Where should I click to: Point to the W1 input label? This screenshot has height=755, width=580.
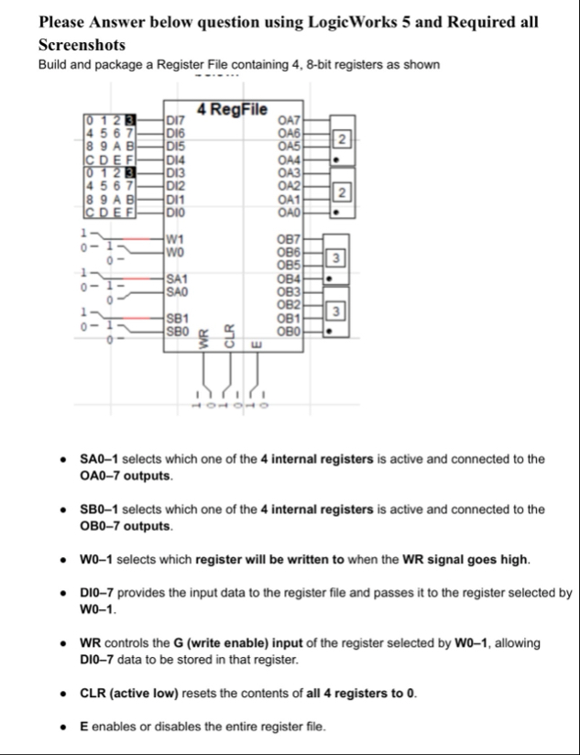pyautogui.click(x=176, y=241)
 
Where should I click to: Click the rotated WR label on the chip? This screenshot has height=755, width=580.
pyautogui.click(x=206, y=338)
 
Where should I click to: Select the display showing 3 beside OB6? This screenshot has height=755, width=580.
pyautogui.click(x=337, y=256)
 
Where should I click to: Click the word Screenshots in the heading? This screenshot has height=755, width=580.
pyautogui.click(x=82, y=44)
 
